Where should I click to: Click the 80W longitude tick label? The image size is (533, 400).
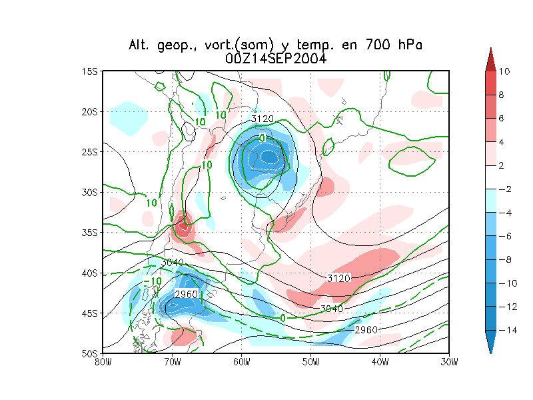103,362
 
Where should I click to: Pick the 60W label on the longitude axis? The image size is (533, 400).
241,362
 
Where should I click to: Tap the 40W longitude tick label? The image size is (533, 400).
380,362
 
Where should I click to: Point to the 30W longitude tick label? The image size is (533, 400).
449,362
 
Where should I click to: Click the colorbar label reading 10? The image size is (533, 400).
504,71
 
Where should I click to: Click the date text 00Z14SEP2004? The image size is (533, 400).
275,59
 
